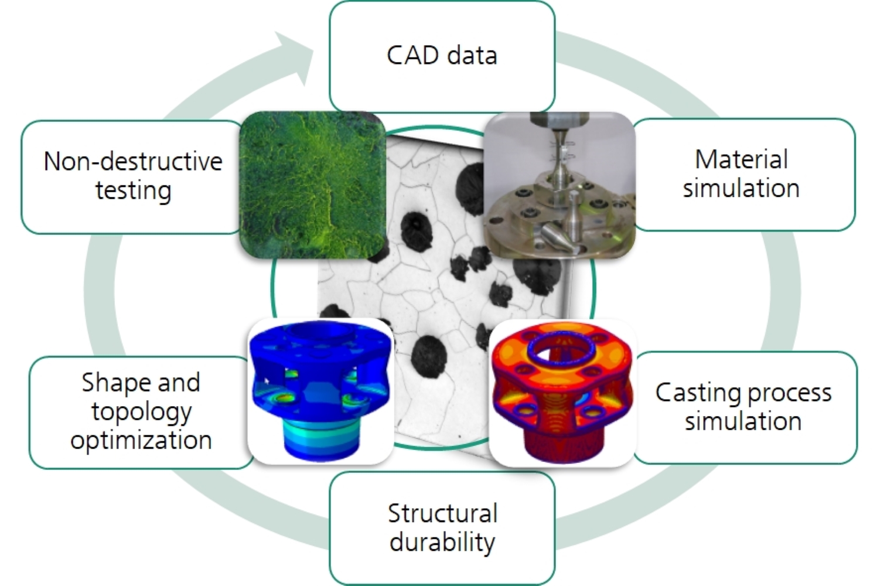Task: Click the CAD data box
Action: [442, 56]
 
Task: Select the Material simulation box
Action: [743, 174]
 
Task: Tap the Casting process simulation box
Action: [744, 407]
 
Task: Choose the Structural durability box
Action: [442, 527]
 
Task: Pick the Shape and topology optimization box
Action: [141, 411]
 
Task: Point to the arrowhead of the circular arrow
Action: [296, 59]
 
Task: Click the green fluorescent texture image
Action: [313, 185]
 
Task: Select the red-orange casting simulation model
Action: [561, 393]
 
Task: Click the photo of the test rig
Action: [559, 185]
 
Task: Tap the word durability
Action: [442, 542]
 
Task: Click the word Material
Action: [741, 159]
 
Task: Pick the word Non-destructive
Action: [133, 161]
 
